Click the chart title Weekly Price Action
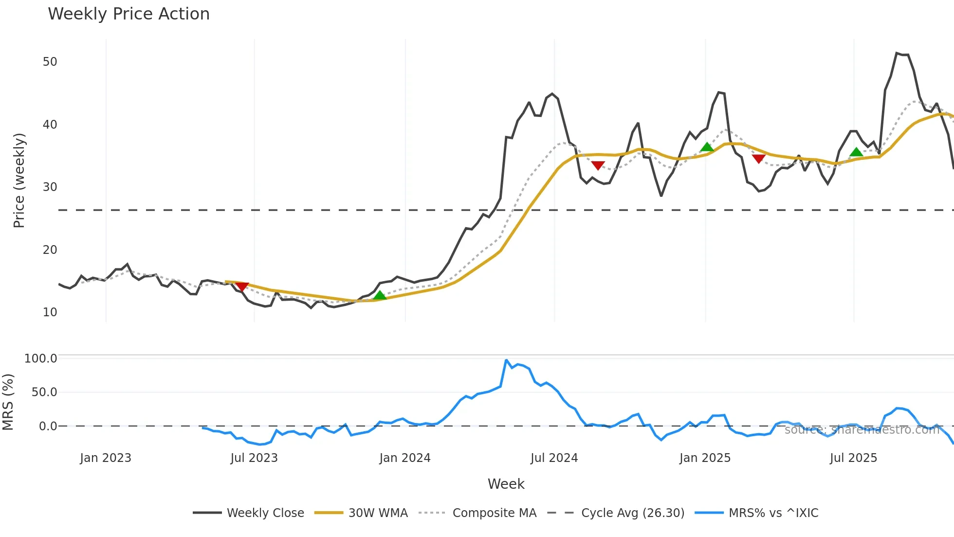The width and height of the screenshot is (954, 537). coord(128,14)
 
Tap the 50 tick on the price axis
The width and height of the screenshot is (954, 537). coord(50,62)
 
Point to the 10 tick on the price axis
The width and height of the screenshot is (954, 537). coord(50,312)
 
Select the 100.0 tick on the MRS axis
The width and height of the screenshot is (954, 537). coord(41,359)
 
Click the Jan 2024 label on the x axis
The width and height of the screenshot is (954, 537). coord(405,458)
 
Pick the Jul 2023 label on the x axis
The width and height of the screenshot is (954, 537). coord(254,458)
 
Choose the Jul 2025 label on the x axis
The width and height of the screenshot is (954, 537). coord(853,458)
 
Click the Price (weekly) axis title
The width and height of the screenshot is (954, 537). coord(19,180)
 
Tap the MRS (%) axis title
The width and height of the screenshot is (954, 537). coord(8,402)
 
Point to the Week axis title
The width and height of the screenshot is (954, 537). coord(506,484)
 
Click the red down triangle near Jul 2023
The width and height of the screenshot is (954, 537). coord(242,287)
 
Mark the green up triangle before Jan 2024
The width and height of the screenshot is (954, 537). coord(380,295)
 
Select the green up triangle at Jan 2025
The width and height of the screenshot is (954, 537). coord(707,147)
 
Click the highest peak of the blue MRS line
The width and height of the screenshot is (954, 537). coord(506,361)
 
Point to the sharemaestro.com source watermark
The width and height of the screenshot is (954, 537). coord(862,430)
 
